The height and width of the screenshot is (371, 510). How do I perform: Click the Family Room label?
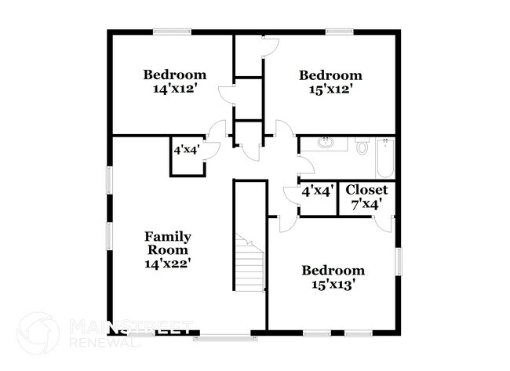click(x=168, y=243)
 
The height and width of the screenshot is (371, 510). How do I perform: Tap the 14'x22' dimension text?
click(x=168, y=264)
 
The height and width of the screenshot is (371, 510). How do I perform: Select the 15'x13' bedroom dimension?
click(x=333, y=285)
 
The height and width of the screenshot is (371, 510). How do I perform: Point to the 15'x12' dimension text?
click(x=330, y=89)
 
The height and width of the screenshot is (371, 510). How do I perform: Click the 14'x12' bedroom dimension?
click(x=174, y=89)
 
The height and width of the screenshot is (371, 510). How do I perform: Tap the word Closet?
click(x=366, y=190)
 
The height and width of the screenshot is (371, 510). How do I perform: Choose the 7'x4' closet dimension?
click(x=366, y=204)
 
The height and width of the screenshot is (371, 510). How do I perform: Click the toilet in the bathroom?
click(x=362, y=147)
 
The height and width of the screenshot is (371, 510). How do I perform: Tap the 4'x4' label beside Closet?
click(x=318, y=191)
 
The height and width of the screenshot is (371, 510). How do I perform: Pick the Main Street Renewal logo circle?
click(x=37, y=333)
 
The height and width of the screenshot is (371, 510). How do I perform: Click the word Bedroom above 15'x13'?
click(x=333, y=271)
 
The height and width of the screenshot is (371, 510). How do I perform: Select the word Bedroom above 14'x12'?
click(x=174, y=75)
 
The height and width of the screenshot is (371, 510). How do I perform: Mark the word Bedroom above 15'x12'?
click(x=330, y=75)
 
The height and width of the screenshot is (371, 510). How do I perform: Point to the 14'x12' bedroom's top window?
click(x=172, y=31)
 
